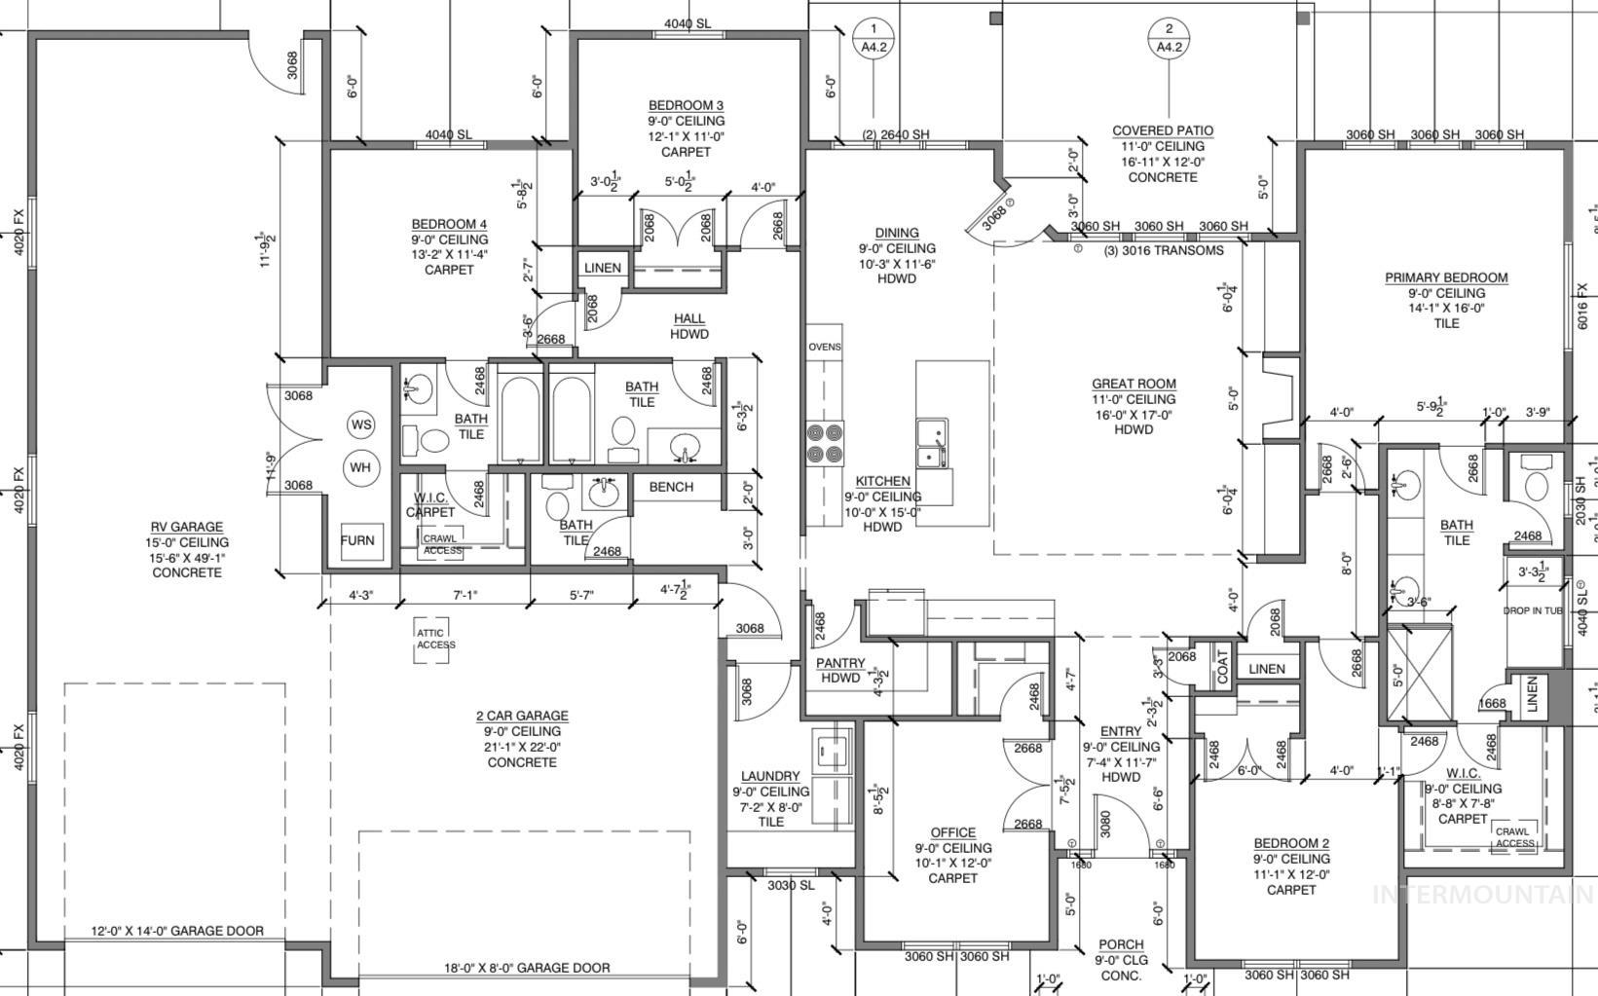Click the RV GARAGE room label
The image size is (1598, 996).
click(187, 527)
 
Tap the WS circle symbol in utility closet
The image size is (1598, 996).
click(361, 424)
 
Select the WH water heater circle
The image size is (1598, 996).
click(360, 467)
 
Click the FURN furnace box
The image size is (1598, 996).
click(357, 540)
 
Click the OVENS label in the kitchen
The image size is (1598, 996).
click(824, 347)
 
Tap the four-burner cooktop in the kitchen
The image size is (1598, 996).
click(824, 443)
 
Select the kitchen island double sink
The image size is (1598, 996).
click(932, 443)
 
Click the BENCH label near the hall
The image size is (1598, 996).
click(671, 487)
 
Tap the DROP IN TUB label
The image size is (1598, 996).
click(1532, 610)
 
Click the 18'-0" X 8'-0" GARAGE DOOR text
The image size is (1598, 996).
click(527, 968)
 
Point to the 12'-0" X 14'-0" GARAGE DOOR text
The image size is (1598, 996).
click(177, 931)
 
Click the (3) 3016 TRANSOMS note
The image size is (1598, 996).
click(1163, 250)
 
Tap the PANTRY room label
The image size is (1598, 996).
click(840, 663)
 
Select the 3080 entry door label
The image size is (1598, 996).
click(1104, 825)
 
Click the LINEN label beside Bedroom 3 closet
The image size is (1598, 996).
click(602, 268)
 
